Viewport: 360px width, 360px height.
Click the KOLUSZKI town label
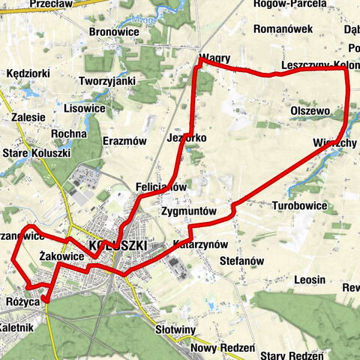(116, 245)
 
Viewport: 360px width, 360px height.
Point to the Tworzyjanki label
(106, 81)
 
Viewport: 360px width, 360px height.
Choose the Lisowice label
(84, 108)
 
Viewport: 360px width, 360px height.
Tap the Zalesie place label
(28, 118)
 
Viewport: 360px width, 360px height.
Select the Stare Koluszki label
(37, 153)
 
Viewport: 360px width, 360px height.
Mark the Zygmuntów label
(188, 212)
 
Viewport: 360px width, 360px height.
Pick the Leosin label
(310, 279)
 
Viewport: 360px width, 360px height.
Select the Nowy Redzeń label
(223, 349)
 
